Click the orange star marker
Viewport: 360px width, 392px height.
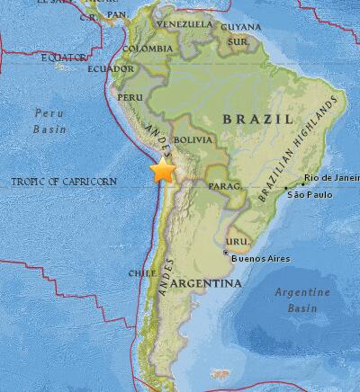click(164, 172)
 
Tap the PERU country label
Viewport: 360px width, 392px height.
click(131, 97)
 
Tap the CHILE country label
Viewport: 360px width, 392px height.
click(138, 272)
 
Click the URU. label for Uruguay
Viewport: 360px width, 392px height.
click(236, 243)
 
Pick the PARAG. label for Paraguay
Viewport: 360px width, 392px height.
click(223, 187)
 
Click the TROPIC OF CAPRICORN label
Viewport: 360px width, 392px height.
click(64, 182)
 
